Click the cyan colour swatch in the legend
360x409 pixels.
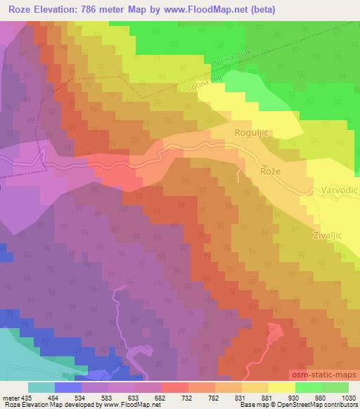coord(41,387)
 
